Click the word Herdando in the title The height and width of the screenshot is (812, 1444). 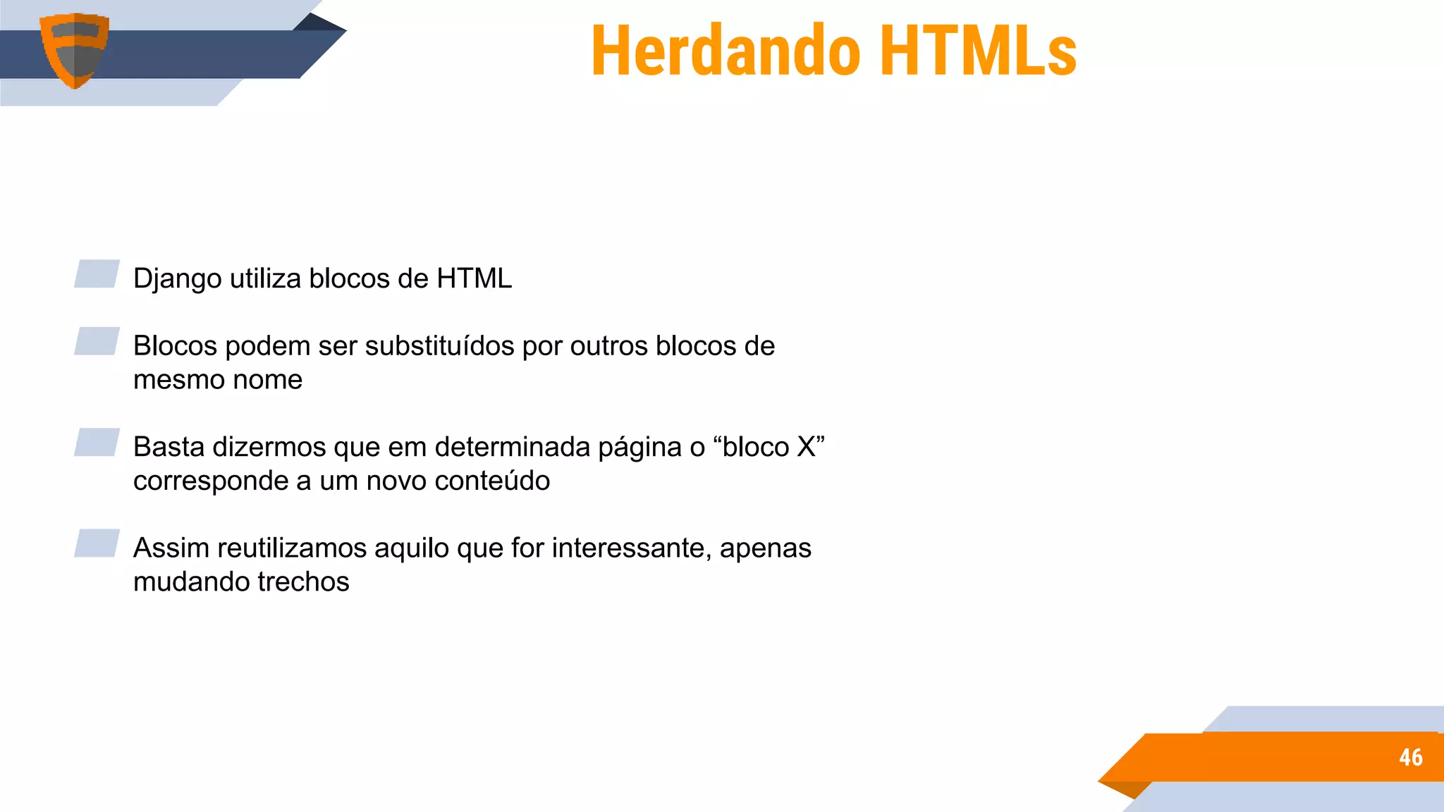tap(726, 51)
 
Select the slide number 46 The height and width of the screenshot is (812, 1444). tap(1410, 757)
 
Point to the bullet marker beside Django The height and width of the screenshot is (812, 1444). tap(97, 274)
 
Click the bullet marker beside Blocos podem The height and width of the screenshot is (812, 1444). tap(97, 341)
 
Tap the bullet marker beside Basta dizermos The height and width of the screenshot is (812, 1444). tap(97, 443)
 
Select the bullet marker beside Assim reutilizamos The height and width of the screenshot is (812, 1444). tap(97, 543)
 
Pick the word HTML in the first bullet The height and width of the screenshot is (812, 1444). tap(474, 278)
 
